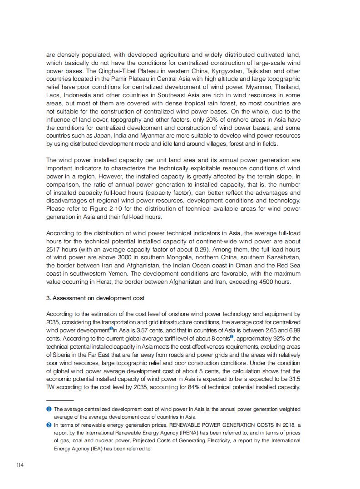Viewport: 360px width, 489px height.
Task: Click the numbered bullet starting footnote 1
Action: pyautogui.click(x=49, y=409)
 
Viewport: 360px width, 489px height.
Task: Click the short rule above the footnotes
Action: pyautogui.click(x=60, y=401)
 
